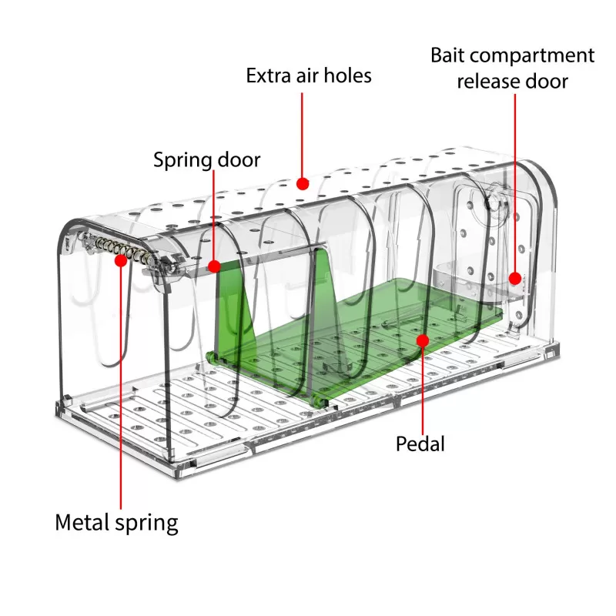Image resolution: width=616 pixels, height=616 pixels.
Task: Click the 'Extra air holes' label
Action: pos(309,75)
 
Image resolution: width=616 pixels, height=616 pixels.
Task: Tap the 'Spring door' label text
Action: pos(206,160)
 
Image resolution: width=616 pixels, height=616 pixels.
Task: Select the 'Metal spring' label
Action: pos(117,524)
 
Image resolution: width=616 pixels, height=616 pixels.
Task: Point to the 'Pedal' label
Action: pos(420,444)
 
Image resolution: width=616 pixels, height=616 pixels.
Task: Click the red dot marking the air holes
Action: pos(303,183)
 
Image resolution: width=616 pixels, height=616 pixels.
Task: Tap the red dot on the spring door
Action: pos(214,266)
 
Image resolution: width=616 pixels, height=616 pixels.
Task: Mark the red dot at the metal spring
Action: pos(121,260)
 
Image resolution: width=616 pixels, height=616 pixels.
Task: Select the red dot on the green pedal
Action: pos(423,340)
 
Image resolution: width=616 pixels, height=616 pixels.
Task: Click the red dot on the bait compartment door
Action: pos(515,279)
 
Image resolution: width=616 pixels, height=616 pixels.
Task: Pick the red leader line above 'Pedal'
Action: pos(423,390)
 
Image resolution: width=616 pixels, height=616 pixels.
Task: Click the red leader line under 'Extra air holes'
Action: pos(302,136)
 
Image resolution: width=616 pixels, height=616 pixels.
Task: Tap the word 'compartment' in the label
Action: pos(532,55)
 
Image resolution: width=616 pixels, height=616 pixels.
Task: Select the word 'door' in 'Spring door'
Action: pos(239,159)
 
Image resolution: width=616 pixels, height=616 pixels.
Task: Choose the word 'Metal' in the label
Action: pos(82,522)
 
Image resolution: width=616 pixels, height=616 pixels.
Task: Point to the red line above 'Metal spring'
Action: pos(121,388)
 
